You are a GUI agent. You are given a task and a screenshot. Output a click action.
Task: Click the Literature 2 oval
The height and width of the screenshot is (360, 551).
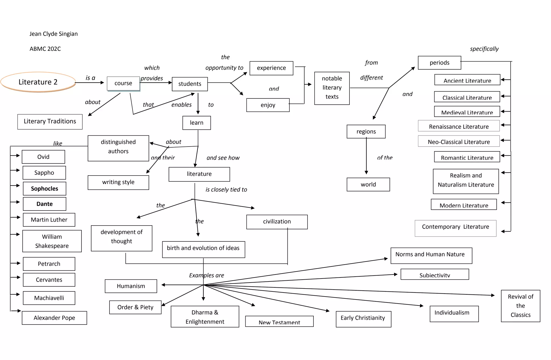click(x=38, y=82)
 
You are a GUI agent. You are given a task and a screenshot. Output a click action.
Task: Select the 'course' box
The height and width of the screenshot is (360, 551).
click(x=123, y=83)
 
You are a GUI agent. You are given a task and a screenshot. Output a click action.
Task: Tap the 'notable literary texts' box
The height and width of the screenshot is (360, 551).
click(x=332, y=88)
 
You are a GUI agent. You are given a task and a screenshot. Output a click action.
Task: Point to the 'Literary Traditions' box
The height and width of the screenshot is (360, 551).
click(x=50, y=122)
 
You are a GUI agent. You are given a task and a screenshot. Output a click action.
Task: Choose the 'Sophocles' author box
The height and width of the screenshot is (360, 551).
click(x=44, y=189)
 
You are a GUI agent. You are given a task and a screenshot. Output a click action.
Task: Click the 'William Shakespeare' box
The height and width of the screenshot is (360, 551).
click(x=52, y=241)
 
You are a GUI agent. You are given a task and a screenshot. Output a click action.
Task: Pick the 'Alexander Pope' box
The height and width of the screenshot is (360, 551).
click(x=54, y=318)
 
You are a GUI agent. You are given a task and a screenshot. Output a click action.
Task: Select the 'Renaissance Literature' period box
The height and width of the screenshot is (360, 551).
click(x=458, y=126)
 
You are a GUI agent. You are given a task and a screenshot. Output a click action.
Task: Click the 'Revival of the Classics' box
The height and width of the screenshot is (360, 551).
click(x=520, y=306)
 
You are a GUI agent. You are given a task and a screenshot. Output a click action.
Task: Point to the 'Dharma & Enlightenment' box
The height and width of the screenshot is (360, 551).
click(x=205, y=317)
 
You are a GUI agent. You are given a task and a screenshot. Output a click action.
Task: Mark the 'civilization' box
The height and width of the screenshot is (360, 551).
click(x=277, y=222)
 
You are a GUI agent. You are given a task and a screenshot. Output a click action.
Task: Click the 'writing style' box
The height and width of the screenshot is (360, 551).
click(x=118, y=182)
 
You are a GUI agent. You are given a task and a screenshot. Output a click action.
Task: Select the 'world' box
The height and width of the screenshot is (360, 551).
click(x=368, y=184)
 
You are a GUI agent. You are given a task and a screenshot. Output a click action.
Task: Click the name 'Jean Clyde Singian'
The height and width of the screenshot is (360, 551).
click(x=54, y=34)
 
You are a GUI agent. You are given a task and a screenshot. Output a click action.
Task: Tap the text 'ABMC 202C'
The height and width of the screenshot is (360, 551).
click(x=45, y=49)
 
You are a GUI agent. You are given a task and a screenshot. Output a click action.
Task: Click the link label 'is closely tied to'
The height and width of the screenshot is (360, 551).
click(x=226, y=190)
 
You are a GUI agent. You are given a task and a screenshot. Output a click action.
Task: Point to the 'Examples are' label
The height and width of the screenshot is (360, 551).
click(x=206, y=275)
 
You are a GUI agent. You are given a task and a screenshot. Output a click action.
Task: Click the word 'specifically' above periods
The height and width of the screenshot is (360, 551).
click(x=484, y=49)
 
